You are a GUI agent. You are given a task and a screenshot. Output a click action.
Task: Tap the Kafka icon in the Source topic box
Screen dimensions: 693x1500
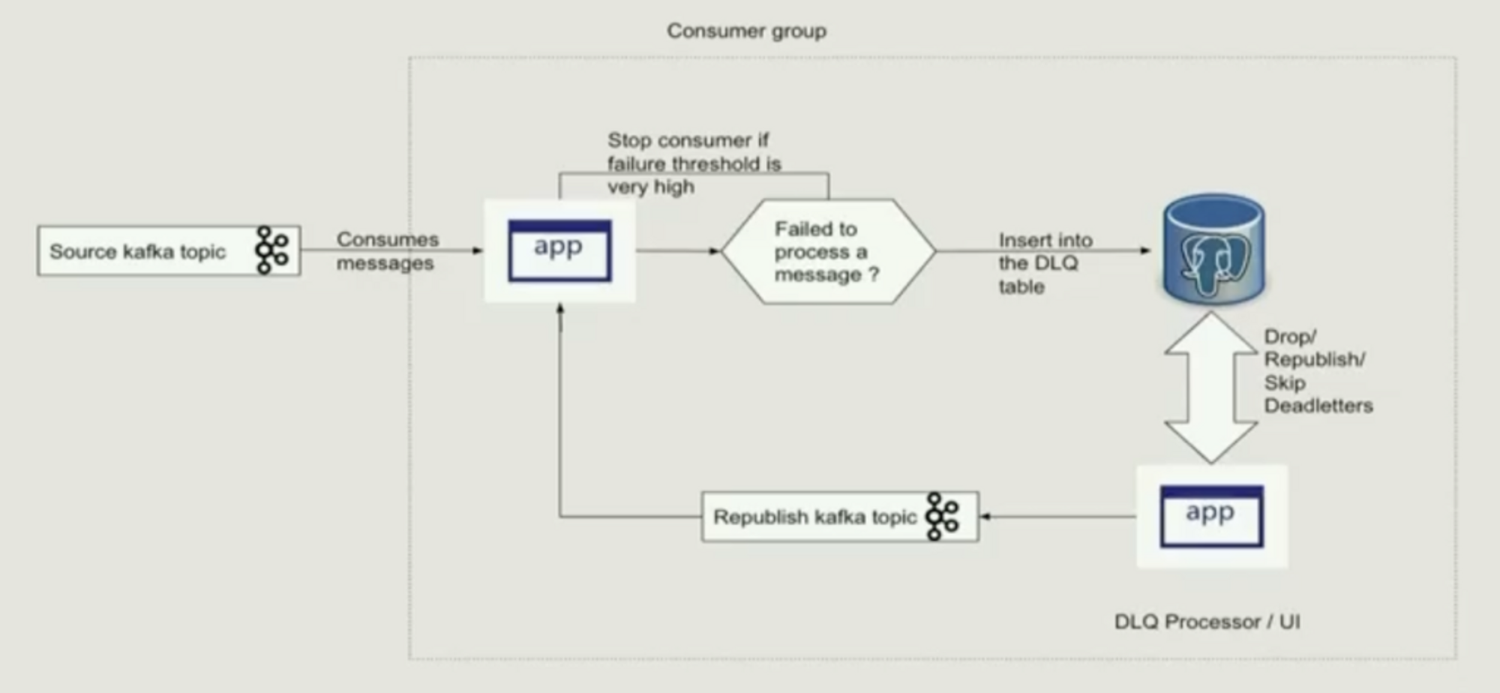[x=271, y=250]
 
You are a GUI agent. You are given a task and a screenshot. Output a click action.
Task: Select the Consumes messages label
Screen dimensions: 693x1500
[x=386, y=251]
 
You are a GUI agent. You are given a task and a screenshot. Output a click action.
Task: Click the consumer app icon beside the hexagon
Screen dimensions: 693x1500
[x=559, y=250]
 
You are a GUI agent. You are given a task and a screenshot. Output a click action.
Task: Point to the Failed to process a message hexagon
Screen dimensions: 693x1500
[x=827, y=251]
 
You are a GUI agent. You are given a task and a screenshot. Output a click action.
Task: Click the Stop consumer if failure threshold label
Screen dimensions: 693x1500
[x=693, y=163]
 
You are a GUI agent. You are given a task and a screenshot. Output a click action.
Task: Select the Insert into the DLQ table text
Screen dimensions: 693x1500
[x=1044, y=263]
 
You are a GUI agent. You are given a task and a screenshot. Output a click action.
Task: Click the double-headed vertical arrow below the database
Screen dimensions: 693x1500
[x=1210, y=387]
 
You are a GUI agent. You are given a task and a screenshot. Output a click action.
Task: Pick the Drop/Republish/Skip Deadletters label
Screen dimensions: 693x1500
[x=1317, y=371]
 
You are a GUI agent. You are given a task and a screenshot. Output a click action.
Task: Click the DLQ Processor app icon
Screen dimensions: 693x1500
[x=1211, y=516]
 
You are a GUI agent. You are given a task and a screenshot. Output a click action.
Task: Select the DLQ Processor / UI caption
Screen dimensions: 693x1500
[x=1207, y=622]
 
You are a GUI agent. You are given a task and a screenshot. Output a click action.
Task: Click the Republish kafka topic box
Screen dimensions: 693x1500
[x=814, y=517]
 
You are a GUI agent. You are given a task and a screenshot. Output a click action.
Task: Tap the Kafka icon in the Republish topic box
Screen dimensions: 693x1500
[x=943, y=516]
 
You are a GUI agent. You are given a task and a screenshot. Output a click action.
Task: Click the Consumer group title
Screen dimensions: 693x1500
[x=747, y=31]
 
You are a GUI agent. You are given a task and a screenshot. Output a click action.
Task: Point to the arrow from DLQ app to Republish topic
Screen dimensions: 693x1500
[x=1057, y=516]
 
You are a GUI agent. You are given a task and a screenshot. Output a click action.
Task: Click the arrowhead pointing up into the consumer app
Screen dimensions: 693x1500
[x=560, y=310]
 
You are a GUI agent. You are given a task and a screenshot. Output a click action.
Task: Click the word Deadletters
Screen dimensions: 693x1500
[x=1318, y=406]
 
